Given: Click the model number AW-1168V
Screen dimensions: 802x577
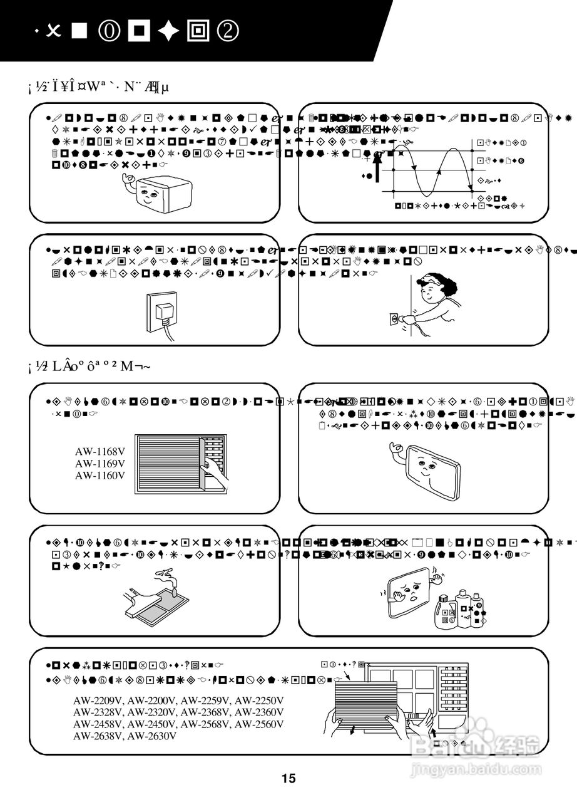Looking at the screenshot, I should coord(100,452).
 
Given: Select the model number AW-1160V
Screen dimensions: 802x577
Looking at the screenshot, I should coord(100,476).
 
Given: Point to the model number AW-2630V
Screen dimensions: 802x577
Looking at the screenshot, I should coord(152,736).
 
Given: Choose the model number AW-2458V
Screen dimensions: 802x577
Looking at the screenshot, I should coord(98,724).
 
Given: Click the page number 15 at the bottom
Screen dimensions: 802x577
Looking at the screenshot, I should coord(288,779).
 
